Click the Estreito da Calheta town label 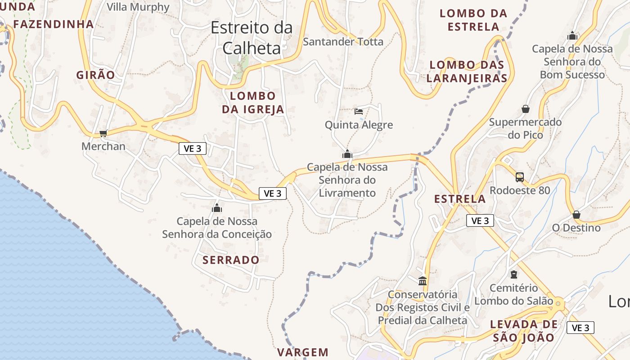[x=252, y=37]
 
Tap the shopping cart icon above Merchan [x=103, y=133]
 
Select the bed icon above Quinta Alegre [x=359, y=111]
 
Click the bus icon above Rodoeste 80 [x=520, y=177]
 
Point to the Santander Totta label [x=343, y=42]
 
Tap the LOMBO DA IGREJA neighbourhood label [x=253, y=103]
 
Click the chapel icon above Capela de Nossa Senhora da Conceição [x=217, y=208]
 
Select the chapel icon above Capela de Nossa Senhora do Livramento [x=347, y=154]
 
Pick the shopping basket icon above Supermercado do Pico [x=525, y=109]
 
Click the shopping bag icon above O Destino [x=576, y=215]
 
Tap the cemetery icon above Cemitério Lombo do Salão [x=514, y=274]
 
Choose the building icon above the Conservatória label [x=423, y=281]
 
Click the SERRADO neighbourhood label [x=231, y=260]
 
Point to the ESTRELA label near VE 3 [x=460, y=199]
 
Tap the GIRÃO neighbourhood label [x=96, y=75]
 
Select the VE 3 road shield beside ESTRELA [x=480, y=220]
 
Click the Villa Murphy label [x=138, y=7]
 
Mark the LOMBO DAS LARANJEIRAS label [x=467, y=72]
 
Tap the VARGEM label [x=303, y=352]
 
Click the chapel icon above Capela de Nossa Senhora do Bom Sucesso [x=572, y=35]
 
